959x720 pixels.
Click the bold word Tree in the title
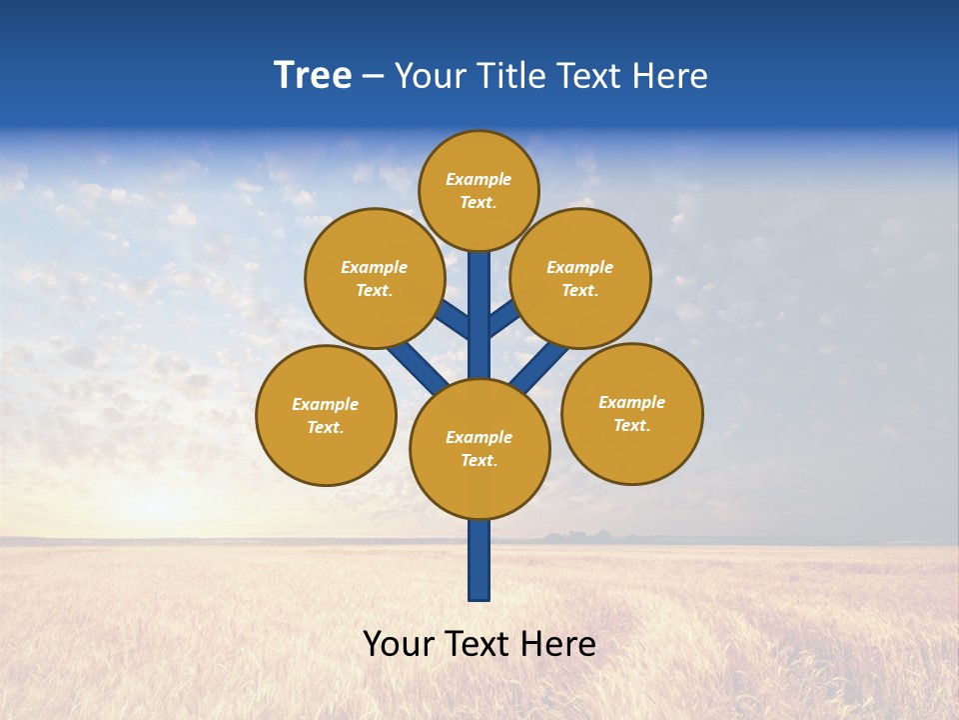coord(313,76)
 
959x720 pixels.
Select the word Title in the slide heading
coord(511,76)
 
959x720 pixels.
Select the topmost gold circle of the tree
coord(479,190)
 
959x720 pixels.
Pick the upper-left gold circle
coord(375,278)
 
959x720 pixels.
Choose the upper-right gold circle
coord(580,278)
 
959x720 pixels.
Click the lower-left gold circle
coord(326,415)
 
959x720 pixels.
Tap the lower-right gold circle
coord(632,413)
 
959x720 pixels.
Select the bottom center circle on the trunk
coord(479,449)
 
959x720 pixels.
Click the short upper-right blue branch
coord(504,317)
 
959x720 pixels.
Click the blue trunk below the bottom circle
coord(479,560)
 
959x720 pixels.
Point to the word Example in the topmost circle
coord(479,179)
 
